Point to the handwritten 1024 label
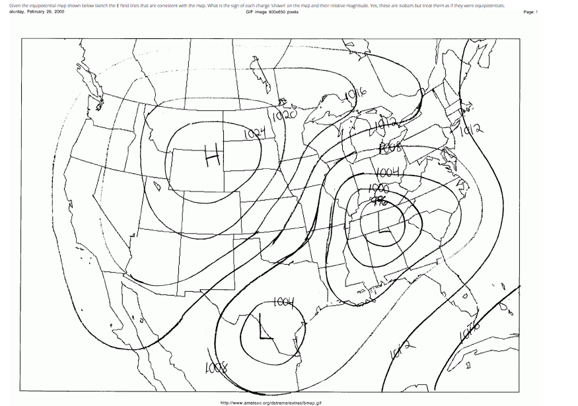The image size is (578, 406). click(x=254, y=133)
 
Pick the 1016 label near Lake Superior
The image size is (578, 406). click(x=354, y=97)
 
